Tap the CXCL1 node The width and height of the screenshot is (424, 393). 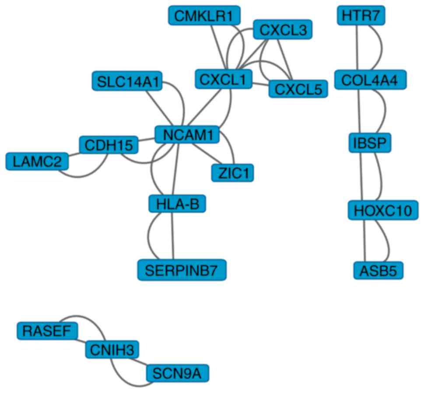223,80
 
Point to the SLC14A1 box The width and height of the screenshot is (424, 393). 127,81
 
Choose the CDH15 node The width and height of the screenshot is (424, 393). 109,145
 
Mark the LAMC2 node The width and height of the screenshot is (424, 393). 37,161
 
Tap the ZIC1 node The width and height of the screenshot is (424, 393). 232,172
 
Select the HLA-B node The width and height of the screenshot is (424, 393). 177,204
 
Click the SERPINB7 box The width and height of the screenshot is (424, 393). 182,270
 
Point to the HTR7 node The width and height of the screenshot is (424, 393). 361,17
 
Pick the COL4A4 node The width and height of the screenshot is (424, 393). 370,81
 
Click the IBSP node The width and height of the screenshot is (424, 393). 370,143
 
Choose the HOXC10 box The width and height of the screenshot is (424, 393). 380,211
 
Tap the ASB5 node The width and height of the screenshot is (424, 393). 378,270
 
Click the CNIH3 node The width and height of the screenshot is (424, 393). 112,349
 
